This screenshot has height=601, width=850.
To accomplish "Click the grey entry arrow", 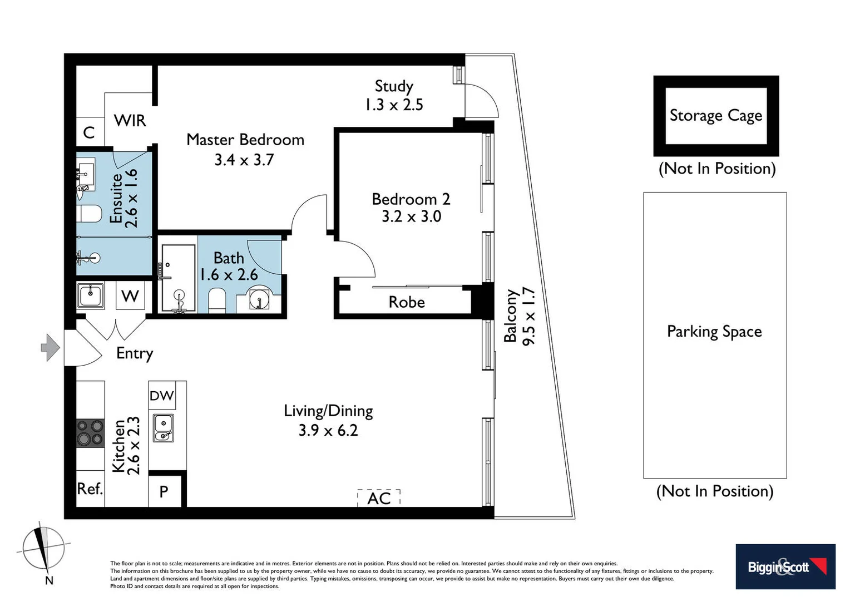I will point(51,348).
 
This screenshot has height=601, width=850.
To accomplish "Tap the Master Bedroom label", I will point(245,140).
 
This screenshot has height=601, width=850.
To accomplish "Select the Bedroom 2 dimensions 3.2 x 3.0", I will point(411,216).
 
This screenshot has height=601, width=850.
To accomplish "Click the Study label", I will point(394,86).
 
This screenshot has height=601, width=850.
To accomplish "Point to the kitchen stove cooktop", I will point(90,432).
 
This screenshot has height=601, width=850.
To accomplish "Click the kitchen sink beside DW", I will point(163,428).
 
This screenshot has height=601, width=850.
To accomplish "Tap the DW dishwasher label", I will point(162,396).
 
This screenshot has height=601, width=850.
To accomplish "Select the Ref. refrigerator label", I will point(90,489).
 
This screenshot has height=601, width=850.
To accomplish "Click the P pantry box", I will point(164,491).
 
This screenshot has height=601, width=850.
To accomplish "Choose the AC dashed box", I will point(379,498).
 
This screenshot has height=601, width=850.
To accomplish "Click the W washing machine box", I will point(130,295).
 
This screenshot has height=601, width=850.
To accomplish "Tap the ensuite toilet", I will point(89,214).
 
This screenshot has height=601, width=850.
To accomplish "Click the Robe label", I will point(407,302).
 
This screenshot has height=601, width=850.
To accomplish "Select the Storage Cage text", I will point(715,115).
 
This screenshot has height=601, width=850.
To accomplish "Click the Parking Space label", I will point(714,332).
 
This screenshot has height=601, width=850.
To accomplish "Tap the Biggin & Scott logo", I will point(785,566).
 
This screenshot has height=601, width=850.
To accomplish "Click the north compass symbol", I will point(43,548).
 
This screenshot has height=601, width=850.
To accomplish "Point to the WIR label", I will point(130,121).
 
